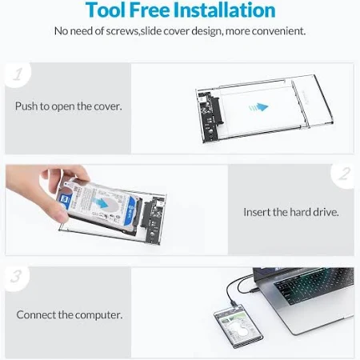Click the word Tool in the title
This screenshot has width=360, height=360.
[x=106, y=10]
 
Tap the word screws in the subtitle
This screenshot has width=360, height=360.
[x=122, y=31]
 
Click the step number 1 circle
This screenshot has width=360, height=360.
[x=18, y=74]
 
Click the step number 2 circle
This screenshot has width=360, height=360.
[x=343, y=174]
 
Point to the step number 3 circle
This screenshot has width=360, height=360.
[x=17, y=278]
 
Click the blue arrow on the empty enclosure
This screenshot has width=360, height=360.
[x=258, y=107]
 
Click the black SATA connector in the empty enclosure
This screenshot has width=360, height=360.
[x=218, y=110]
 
